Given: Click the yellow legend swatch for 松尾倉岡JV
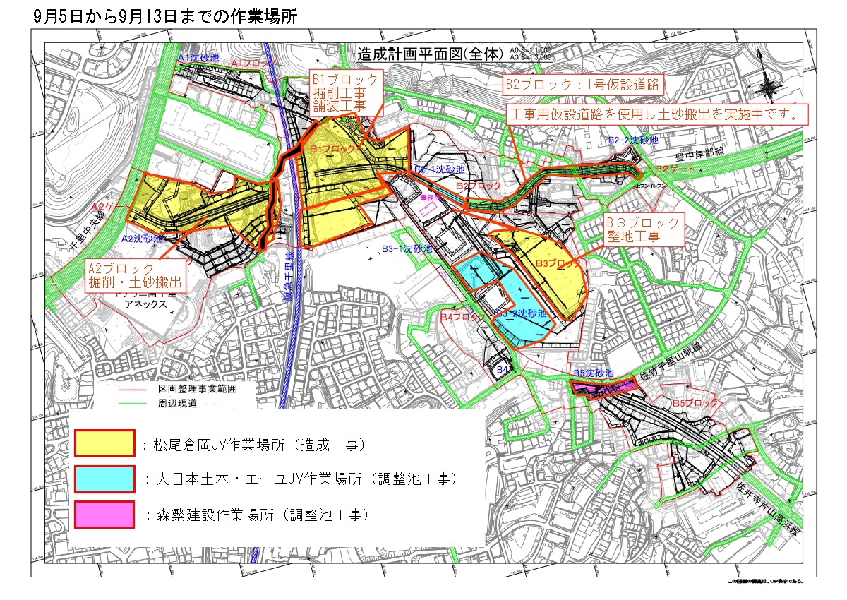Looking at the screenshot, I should coord(104,444).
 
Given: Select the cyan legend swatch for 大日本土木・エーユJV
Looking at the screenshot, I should coord(104,479).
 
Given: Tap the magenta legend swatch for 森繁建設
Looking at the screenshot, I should coord(104,514).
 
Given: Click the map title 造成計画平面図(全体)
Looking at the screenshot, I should coord(431,54).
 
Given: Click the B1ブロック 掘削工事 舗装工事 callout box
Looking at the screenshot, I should coord(346,92).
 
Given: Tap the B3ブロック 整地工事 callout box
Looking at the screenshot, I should coord(644,229).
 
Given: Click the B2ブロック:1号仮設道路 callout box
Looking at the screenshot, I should coord(584,85).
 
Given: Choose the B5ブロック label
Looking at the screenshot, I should coord(695,403).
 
